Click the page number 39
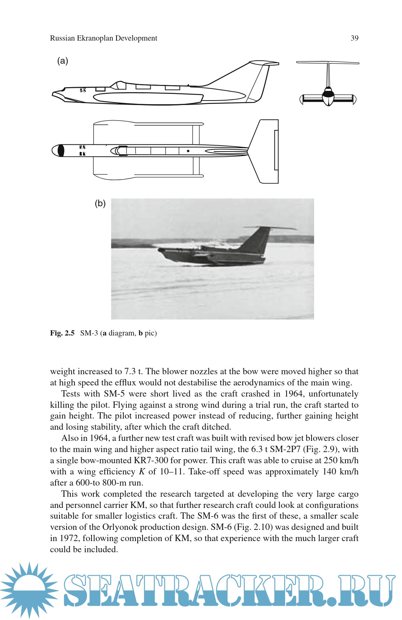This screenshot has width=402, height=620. click(x=354, y=38)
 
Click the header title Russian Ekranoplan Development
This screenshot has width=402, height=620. click(x=103, y=38)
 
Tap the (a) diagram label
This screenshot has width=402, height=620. click(x=63, y=61)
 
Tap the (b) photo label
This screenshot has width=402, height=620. click(x=100, y=203)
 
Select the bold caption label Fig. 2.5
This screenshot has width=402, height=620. click(x=62, y=333)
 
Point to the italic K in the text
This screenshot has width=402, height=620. click(x=142, y=472)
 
